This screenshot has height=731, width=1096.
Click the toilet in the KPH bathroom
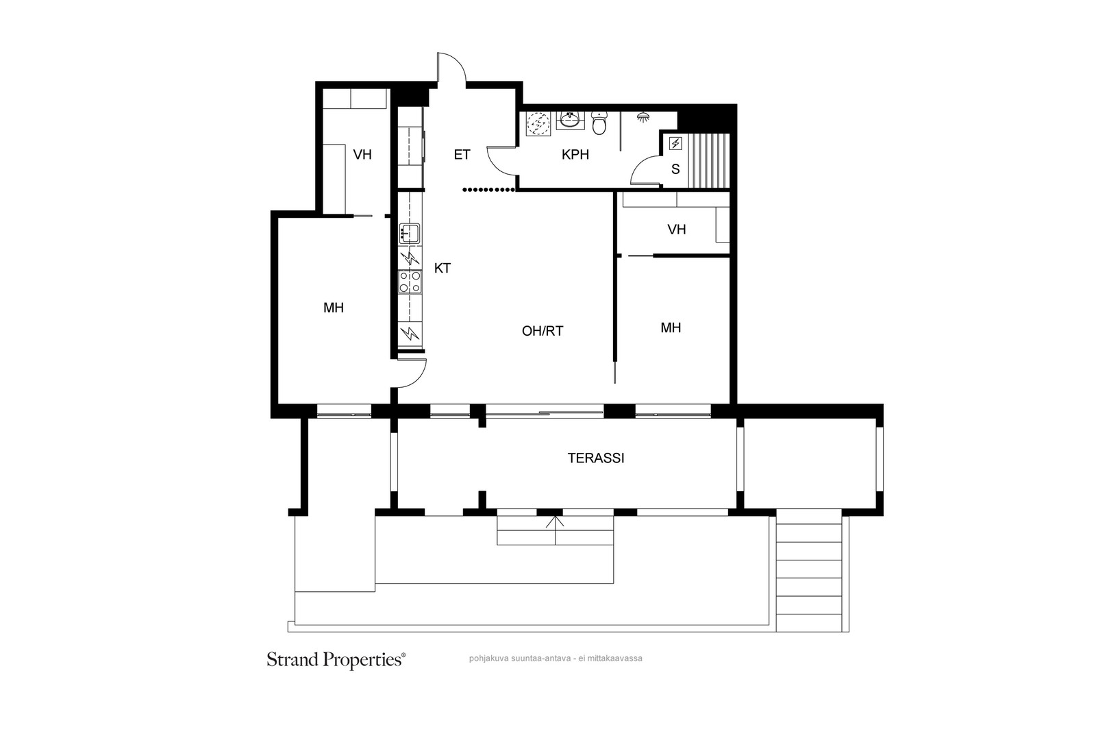(599, 123)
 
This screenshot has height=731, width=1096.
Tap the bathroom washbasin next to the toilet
(570, 121)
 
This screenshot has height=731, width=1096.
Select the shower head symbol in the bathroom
(643, 117)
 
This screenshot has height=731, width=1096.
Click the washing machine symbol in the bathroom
(538, 124)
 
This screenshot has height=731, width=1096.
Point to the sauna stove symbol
(675, 143)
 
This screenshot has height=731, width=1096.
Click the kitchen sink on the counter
(410, 234)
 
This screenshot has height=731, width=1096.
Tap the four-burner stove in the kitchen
(410, 282)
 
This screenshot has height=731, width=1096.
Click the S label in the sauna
(675, 169)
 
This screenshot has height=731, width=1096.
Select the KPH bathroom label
(575, 155)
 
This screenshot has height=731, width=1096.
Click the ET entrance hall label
(462, 155)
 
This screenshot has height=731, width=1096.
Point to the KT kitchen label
(443, 268)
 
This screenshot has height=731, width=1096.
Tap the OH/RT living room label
(543, 332)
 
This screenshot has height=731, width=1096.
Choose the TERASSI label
(596, 458)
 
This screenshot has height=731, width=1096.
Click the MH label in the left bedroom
(334, 308)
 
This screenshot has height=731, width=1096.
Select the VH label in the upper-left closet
(362, 155)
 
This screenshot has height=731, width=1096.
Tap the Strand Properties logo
(336, 660)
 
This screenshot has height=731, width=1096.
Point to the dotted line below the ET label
(489, 189)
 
